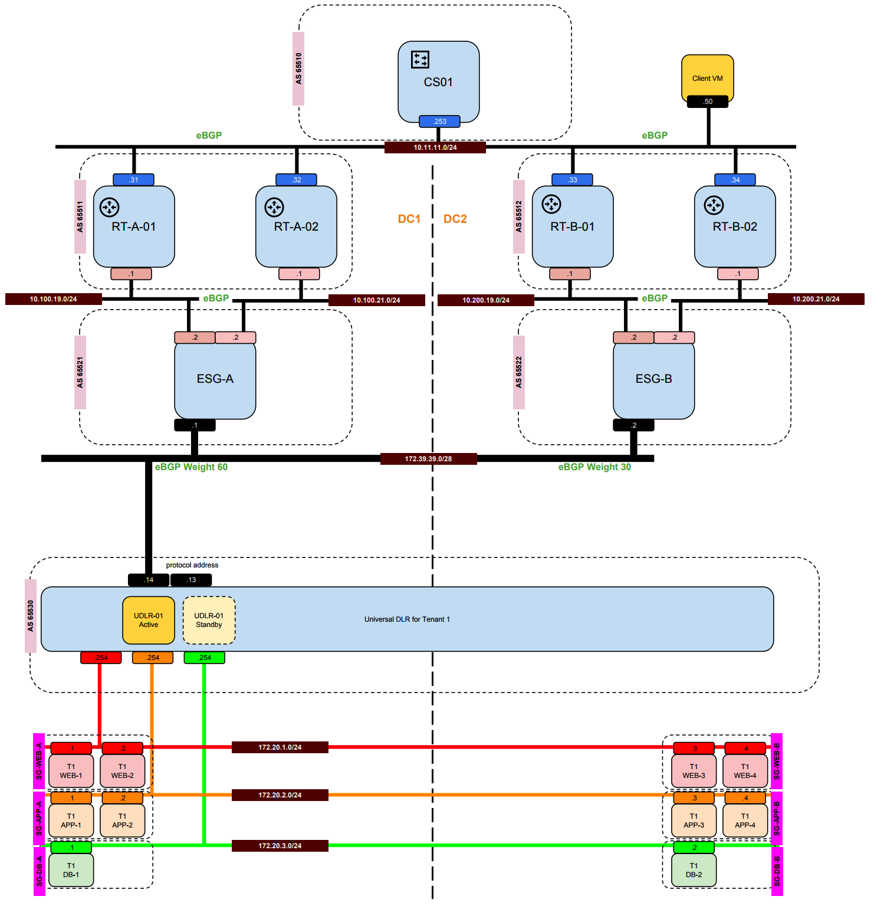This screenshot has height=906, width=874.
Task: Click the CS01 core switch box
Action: pos(438,81)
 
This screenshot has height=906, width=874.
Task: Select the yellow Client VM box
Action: pos(707,78)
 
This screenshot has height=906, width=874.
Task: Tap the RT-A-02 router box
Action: pos(296,226)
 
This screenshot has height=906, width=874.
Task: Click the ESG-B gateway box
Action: pos(653,379)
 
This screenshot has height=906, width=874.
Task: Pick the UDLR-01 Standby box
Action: pos(209,620)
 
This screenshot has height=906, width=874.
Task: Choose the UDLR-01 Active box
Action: pos(149,620)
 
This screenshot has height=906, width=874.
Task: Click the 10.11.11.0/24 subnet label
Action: pos(435,147)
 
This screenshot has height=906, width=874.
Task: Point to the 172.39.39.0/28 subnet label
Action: pos(428,459)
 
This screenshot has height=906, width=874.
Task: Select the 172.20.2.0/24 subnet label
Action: pos(280,795)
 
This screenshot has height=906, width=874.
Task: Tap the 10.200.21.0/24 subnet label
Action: pos(816,299)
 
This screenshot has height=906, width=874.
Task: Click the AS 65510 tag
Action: pos(298,68)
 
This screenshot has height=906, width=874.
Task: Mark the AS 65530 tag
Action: pos(31,616)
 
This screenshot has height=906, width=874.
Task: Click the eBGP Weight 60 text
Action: pos(191,467)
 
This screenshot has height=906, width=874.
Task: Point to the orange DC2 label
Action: pos(455,219)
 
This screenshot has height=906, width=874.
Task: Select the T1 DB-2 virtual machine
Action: pos(694,870)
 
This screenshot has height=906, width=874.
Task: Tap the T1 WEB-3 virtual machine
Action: pos(694,771)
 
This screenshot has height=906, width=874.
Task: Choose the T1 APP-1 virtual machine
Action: pos(71,820)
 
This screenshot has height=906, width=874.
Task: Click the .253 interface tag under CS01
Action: pos(439,122)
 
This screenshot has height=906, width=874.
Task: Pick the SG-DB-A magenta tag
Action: pos(40,871)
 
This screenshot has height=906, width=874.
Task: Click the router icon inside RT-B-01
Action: pos(551,204)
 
